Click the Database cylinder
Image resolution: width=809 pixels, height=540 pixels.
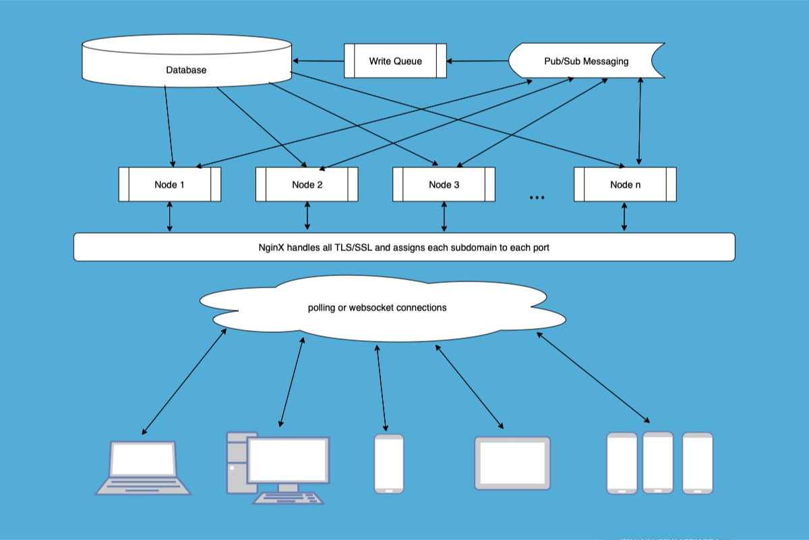click(186, 65)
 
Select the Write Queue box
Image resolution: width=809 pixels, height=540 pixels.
click(395, 61)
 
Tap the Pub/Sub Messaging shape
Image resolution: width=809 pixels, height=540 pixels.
click(585, 61)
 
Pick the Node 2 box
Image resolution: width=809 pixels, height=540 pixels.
click(307, 184)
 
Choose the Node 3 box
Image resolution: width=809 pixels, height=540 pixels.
click(444, 184)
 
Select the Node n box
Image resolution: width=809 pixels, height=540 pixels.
click(625, 184)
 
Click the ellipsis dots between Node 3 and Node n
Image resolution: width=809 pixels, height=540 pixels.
click(537, 198)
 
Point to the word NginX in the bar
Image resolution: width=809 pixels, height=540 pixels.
click(263, 248)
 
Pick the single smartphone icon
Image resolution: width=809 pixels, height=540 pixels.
click(389, 463)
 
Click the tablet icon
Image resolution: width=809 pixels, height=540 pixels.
click(512, 462)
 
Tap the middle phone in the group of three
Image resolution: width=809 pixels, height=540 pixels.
click(658, 462)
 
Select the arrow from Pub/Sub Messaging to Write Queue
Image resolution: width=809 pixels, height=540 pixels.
click(477, 61)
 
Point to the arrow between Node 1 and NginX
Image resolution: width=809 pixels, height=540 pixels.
click(169, 217)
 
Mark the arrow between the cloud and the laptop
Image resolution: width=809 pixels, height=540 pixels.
click(183, 381)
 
